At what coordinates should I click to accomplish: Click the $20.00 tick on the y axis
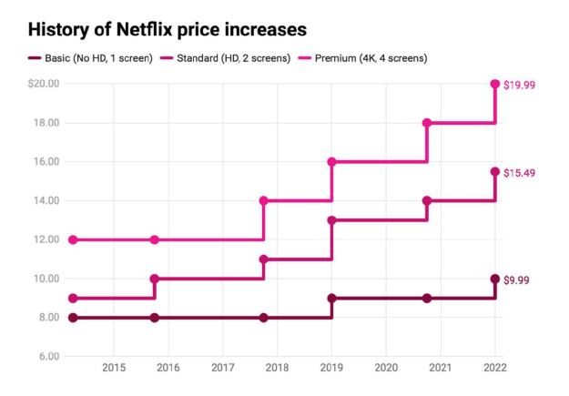pyautogui.click(x=43, y=84)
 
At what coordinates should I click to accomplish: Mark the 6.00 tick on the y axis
pyautogui.click(x=46, y=356)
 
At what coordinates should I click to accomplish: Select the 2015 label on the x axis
pyautogui.click(x=114, y=368)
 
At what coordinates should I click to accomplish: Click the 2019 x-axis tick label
pyautogui.click(x=331, y=368)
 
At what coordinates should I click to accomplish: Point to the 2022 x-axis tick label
pyautogui.click(x=494, y=368)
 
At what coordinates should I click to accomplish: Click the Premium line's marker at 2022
pyautogui.click(x=495, y=84)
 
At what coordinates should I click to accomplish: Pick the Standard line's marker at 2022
pyautogui.click(x=495, y=171)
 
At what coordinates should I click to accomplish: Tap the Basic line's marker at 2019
pyautogui.click(x=331, y=298)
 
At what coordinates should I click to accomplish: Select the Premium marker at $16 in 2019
pyautogui.click(x=331, y=161)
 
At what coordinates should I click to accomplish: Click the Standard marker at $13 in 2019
pyautogui.click(x=331, y=219)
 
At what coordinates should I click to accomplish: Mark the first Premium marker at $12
pyautogui.click(x=73, y=239)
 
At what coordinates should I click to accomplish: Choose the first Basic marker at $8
pyautogui.click(x=73, y=318)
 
